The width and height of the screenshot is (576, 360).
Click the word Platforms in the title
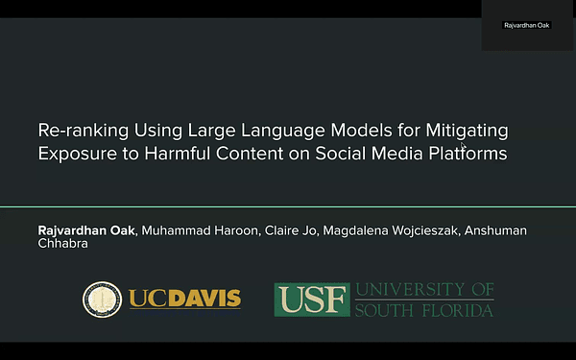coord(464,153)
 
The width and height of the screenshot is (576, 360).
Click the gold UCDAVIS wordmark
coord(185,299)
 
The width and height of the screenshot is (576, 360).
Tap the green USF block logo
coord(312,299)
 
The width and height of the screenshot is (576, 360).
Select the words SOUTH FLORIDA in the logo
coord(423,309)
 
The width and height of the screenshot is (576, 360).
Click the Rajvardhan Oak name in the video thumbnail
coord(527,25)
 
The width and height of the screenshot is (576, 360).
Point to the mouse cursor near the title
coord(464,147)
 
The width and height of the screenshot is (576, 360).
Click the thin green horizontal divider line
coord(288,206)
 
